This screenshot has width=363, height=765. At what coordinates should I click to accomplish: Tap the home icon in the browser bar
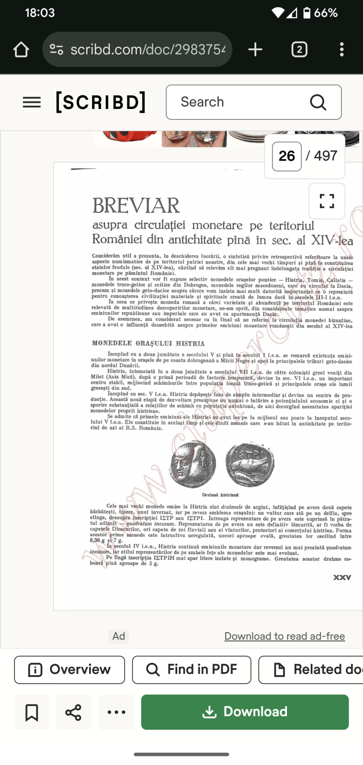(x=21, y=49)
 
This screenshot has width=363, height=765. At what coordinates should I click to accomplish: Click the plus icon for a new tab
(x=255, y=49)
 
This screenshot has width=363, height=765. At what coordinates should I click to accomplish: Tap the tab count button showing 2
(x=299, y=49)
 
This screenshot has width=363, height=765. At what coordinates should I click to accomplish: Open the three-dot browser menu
(x=341, y=49)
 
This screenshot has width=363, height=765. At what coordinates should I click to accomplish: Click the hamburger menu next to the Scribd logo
(x=32, y=102)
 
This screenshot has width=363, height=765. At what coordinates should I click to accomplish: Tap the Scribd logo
(x=101, y=102)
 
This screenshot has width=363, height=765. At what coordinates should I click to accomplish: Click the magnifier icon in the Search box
(x=318, y=102)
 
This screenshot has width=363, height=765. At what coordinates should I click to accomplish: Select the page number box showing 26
(x=287, y=156)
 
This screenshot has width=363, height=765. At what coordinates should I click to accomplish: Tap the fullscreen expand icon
(x=327, y=200)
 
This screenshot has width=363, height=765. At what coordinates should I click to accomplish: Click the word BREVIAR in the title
(x=136, y=206)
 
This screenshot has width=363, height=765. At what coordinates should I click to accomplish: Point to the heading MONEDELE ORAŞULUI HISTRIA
(x=148, y=343)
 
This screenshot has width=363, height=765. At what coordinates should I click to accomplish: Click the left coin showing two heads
(x=193, y=464)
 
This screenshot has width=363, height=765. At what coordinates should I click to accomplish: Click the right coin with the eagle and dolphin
(x=250, y=464)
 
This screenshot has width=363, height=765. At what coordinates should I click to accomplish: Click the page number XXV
(x=342, y=578)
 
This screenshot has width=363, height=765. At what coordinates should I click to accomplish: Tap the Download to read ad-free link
(x=284, y=636)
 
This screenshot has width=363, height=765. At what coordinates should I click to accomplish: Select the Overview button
(x=69, y=669)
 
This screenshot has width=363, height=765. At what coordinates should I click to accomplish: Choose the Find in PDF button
(x=192, y=669)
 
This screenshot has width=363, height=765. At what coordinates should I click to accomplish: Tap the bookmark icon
(x=32, y=712)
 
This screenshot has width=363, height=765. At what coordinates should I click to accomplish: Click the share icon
(x=73, y=712)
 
